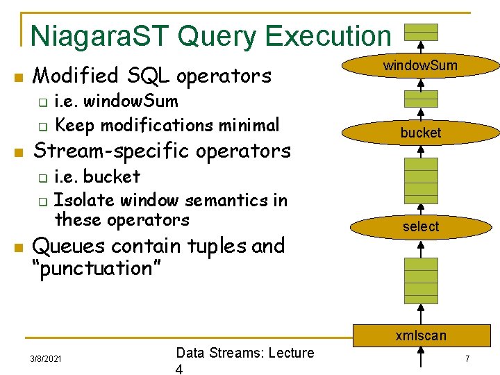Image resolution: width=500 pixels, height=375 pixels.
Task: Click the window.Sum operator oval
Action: (x=421, y=67)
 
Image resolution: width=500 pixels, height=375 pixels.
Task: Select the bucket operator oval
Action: (x=421, y=132)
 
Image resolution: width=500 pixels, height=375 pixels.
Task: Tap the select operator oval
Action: (x=421, y=226)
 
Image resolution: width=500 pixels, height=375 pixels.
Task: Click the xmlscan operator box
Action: (x=421, y=335)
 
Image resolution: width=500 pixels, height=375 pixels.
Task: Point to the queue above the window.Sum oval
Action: (x=422, y=33)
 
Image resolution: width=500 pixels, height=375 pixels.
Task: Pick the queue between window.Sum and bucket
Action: (x=422, y=99)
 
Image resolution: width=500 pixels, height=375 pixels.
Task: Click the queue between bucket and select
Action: (x=422, y=180)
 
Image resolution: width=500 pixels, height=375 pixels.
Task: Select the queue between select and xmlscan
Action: (x=422, y=278)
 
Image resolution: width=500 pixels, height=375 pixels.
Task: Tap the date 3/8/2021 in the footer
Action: (x=46, y=359)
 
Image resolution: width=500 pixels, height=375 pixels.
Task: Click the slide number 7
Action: (x=467, y=358)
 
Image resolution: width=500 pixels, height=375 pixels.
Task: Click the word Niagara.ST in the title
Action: (x=101, y=35)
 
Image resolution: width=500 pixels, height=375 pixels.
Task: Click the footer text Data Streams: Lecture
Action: (x=244, y=353)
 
